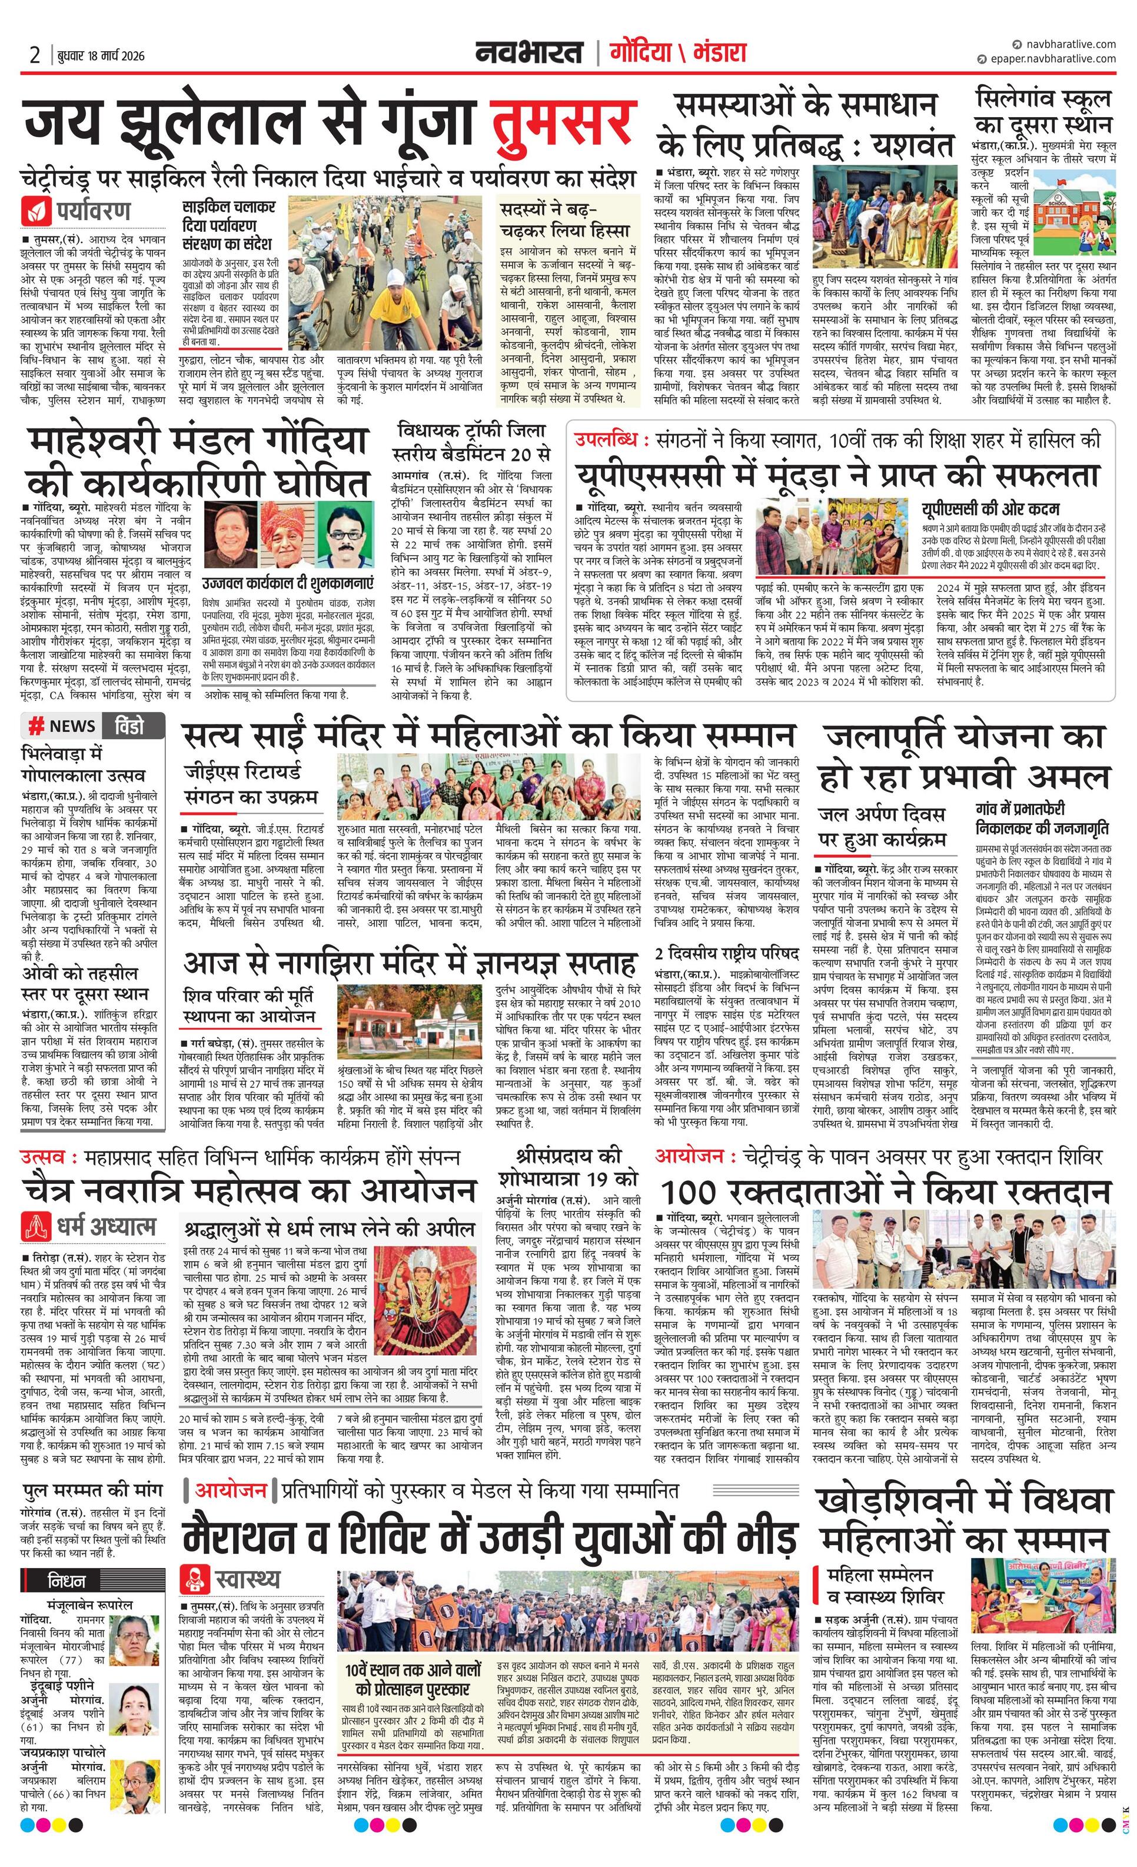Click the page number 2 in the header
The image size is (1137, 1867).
[35, 55]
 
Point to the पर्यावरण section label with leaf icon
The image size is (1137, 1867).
[77, 210]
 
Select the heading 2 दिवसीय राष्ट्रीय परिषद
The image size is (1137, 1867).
[727, 953]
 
